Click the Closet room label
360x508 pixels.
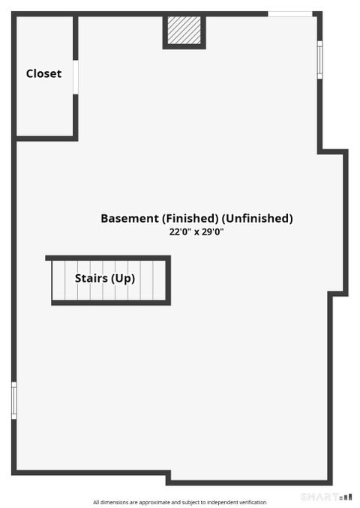tap(43, 73)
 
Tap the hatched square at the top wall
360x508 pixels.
tap(184, 30)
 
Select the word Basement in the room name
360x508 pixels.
tap(130, 218)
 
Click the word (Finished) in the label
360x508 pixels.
tap(190, 218)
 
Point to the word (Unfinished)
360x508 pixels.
tap(257, 218)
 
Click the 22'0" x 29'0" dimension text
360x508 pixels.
tap(196, 232)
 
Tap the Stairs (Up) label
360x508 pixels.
tap(105, 278)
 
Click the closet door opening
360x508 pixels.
tap(76, 77)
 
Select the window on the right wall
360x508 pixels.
tap(319, 60)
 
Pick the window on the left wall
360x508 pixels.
tap(14, 400)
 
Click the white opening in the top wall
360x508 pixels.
tap(290, 14)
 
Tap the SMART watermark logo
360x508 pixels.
tap(326, 497)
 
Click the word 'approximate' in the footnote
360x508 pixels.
tap(154, 503)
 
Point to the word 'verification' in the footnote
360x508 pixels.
tap(253, 503)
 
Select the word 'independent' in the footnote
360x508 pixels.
tap(223, 503)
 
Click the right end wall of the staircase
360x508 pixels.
tap(168, 280)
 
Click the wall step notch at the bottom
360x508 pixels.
tap(168, 477)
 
